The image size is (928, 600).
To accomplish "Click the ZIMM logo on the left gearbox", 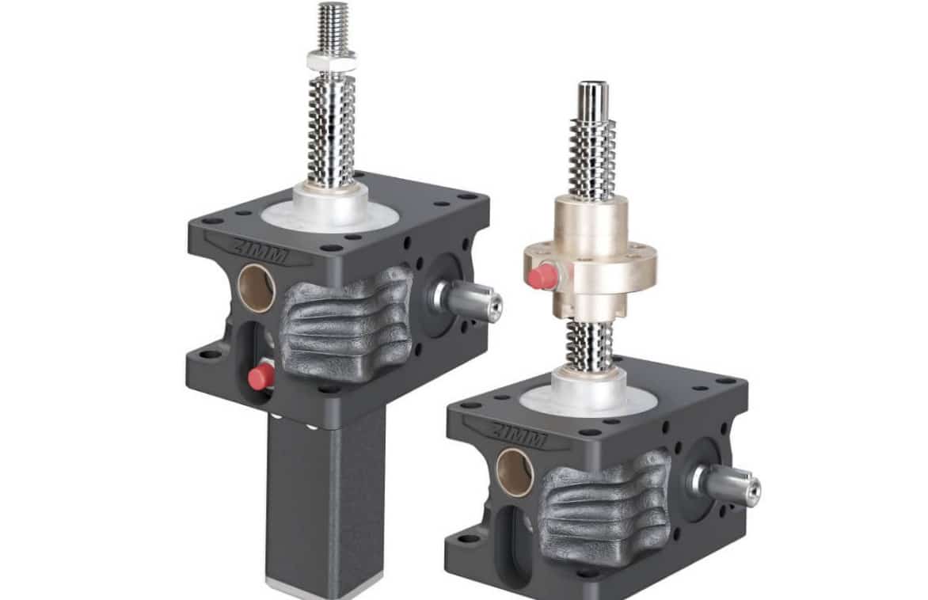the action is pyautogui.click(x=261, y=250).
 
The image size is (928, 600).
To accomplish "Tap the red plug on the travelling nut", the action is pyautogui.click(x=543, y=276).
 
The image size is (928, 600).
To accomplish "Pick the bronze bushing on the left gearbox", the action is pyautogui.click(x=257, y=288).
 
